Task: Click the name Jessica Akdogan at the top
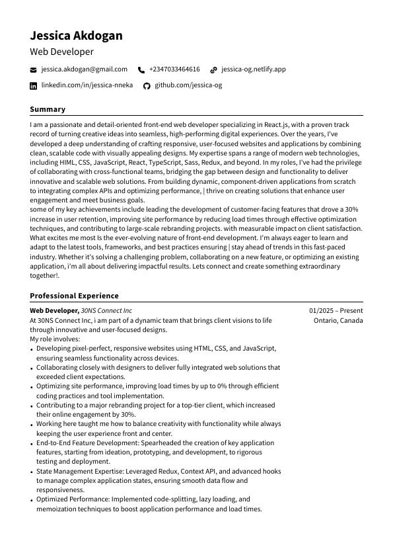point(76,36)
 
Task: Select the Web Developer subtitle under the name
point(61,52)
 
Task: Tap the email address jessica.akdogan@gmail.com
point(84,69)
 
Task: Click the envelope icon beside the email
point(34,69)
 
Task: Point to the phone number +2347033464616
point(174,69)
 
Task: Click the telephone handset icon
point(141,69)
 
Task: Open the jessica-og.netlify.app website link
point(253,69)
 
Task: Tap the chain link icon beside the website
point(213,69)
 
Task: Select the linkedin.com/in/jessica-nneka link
point(87,85)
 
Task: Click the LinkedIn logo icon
point(34,86)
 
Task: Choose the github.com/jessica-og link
point(188,85)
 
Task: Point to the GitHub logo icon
point(147,86)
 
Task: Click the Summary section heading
point(48,109)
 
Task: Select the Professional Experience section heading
point(74,296)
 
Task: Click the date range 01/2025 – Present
point(336,311)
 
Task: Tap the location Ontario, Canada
point(338,320)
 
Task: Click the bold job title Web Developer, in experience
point(54,311)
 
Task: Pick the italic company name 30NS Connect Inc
point(106,311)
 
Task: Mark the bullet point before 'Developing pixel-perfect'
point(32,349)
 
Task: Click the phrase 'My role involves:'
point(55,339)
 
